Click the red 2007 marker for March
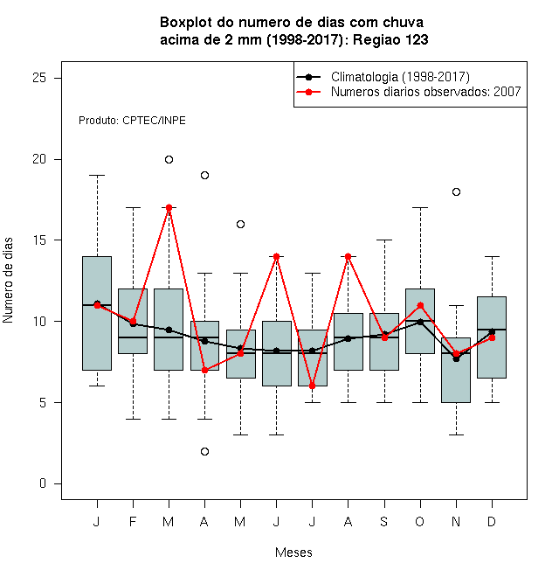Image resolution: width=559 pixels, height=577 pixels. [x=169, y=207]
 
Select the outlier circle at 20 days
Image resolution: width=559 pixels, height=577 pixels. [x=169, y=159]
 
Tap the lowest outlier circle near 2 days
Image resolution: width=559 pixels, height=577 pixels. [x=205, y=451]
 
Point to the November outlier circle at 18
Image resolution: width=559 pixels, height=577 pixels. [x=456, y=191]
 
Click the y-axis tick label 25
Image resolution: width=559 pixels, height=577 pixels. [x=39, y=78]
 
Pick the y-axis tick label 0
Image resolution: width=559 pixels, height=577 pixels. [x=43, y=483]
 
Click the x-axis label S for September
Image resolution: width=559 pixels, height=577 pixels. [x=384, y=521]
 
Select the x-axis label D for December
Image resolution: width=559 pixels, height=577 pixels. [x=492, y=521]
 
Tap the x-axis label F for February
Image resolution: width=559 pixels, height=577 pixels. [x=133, y=521]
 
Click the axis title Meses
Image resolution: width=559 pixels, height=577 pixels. [x=293, y=553]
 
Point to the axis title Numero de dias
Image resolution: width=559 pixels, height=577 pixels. [x=8, y=281]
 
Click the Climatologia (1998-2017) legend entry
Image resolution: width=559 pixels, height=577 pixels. [x=383, y=77]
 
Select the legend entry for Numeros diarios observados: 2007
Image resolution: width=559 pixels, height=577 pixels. [x=409, y=92]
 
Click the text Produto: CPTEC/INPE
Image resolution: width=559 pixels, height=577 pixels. [x=132, y=121]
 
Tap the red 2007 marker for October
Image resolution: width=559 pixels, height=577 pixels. [x=420, y=305]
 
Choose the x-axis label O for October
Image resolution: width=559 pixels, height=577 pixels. [x=419, y=521]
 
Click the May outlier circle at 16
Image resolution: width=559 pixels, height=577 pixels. [x=240, y=224]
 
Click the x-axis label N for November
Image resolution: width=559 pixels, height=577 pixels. [x=456, y=521]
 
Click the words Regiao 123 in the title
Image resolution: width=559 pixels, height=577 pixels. [x=390, y=39]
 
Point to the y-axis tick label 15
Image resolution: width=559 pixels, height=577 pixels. [x=39, y=240]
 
